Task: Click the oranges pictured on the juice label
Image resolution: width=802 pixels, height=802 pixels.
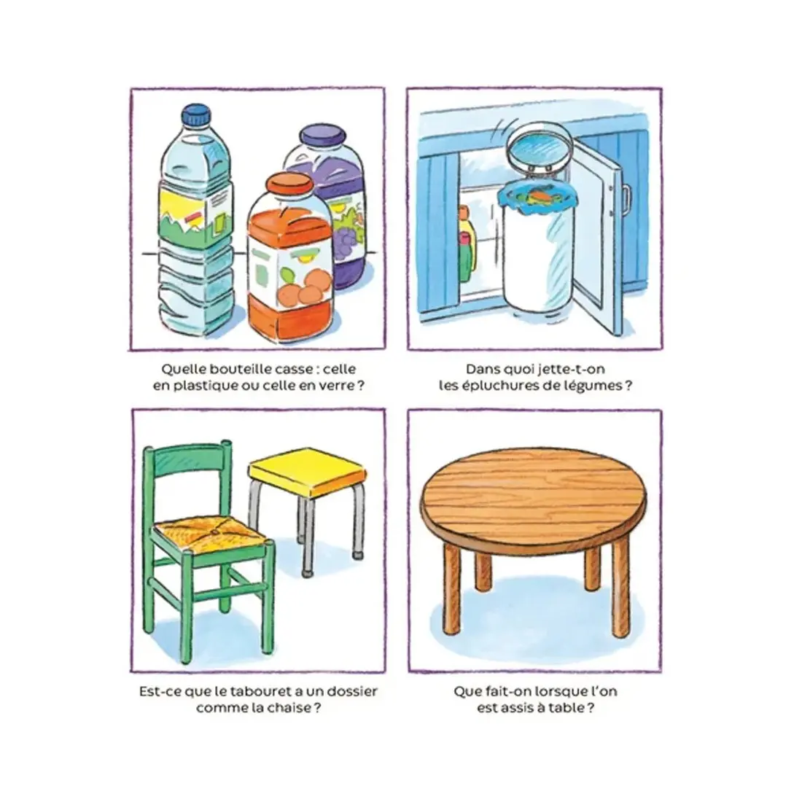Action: click(305, 289)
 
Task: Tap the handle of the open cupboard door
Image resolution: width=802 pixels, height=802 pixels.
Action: click(626, 200)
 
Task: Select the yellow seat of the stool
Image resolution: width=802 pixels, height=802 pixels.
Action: click(308, 470)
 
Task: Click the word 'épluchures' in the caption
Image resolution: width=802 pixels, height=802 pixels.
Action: click(498, 386)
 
